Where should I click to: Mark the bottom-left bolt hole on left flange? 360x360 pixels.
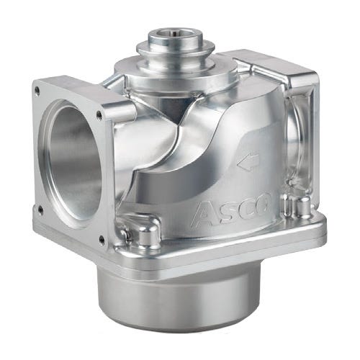(x=40, y=210)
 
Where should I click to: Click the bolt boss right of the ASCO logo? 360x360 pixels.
(x=292, y=206)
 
